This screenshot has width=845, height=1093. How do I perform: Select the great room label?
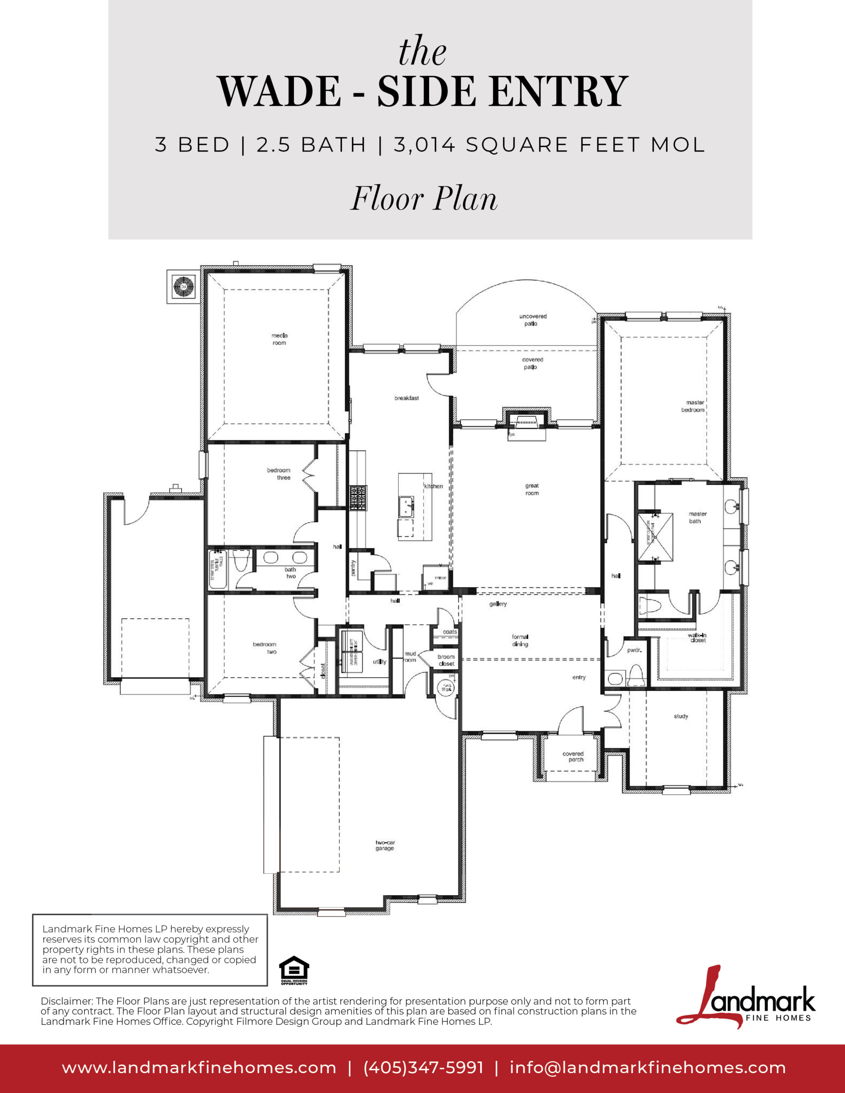pos(532,489)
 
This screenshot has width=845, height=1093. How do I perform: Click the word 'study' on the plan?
pos(681,716)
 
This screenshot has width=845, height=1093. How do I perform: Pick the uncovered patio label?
pos(533,320)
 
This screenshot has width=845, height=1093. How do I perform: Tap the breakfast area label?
pos(407,398)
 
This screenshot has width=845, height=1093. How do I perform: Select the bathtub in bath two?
pos(218,569)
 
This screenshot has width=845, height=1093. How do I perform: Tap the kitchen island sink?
pos(405,506)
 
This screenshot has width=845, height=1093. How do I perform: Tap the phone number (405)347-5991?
pos(423,1067)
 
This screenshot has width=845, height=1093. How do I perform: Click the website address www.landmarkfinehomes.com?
pos(199,1067)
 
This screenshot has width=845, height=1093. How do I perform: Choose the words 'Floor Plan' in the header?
pos(423,199)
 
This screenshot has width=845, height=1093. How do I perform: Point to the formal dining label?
pos(520,641)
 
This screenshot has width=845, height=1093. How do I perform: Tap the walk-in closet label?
pos(697,638)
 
